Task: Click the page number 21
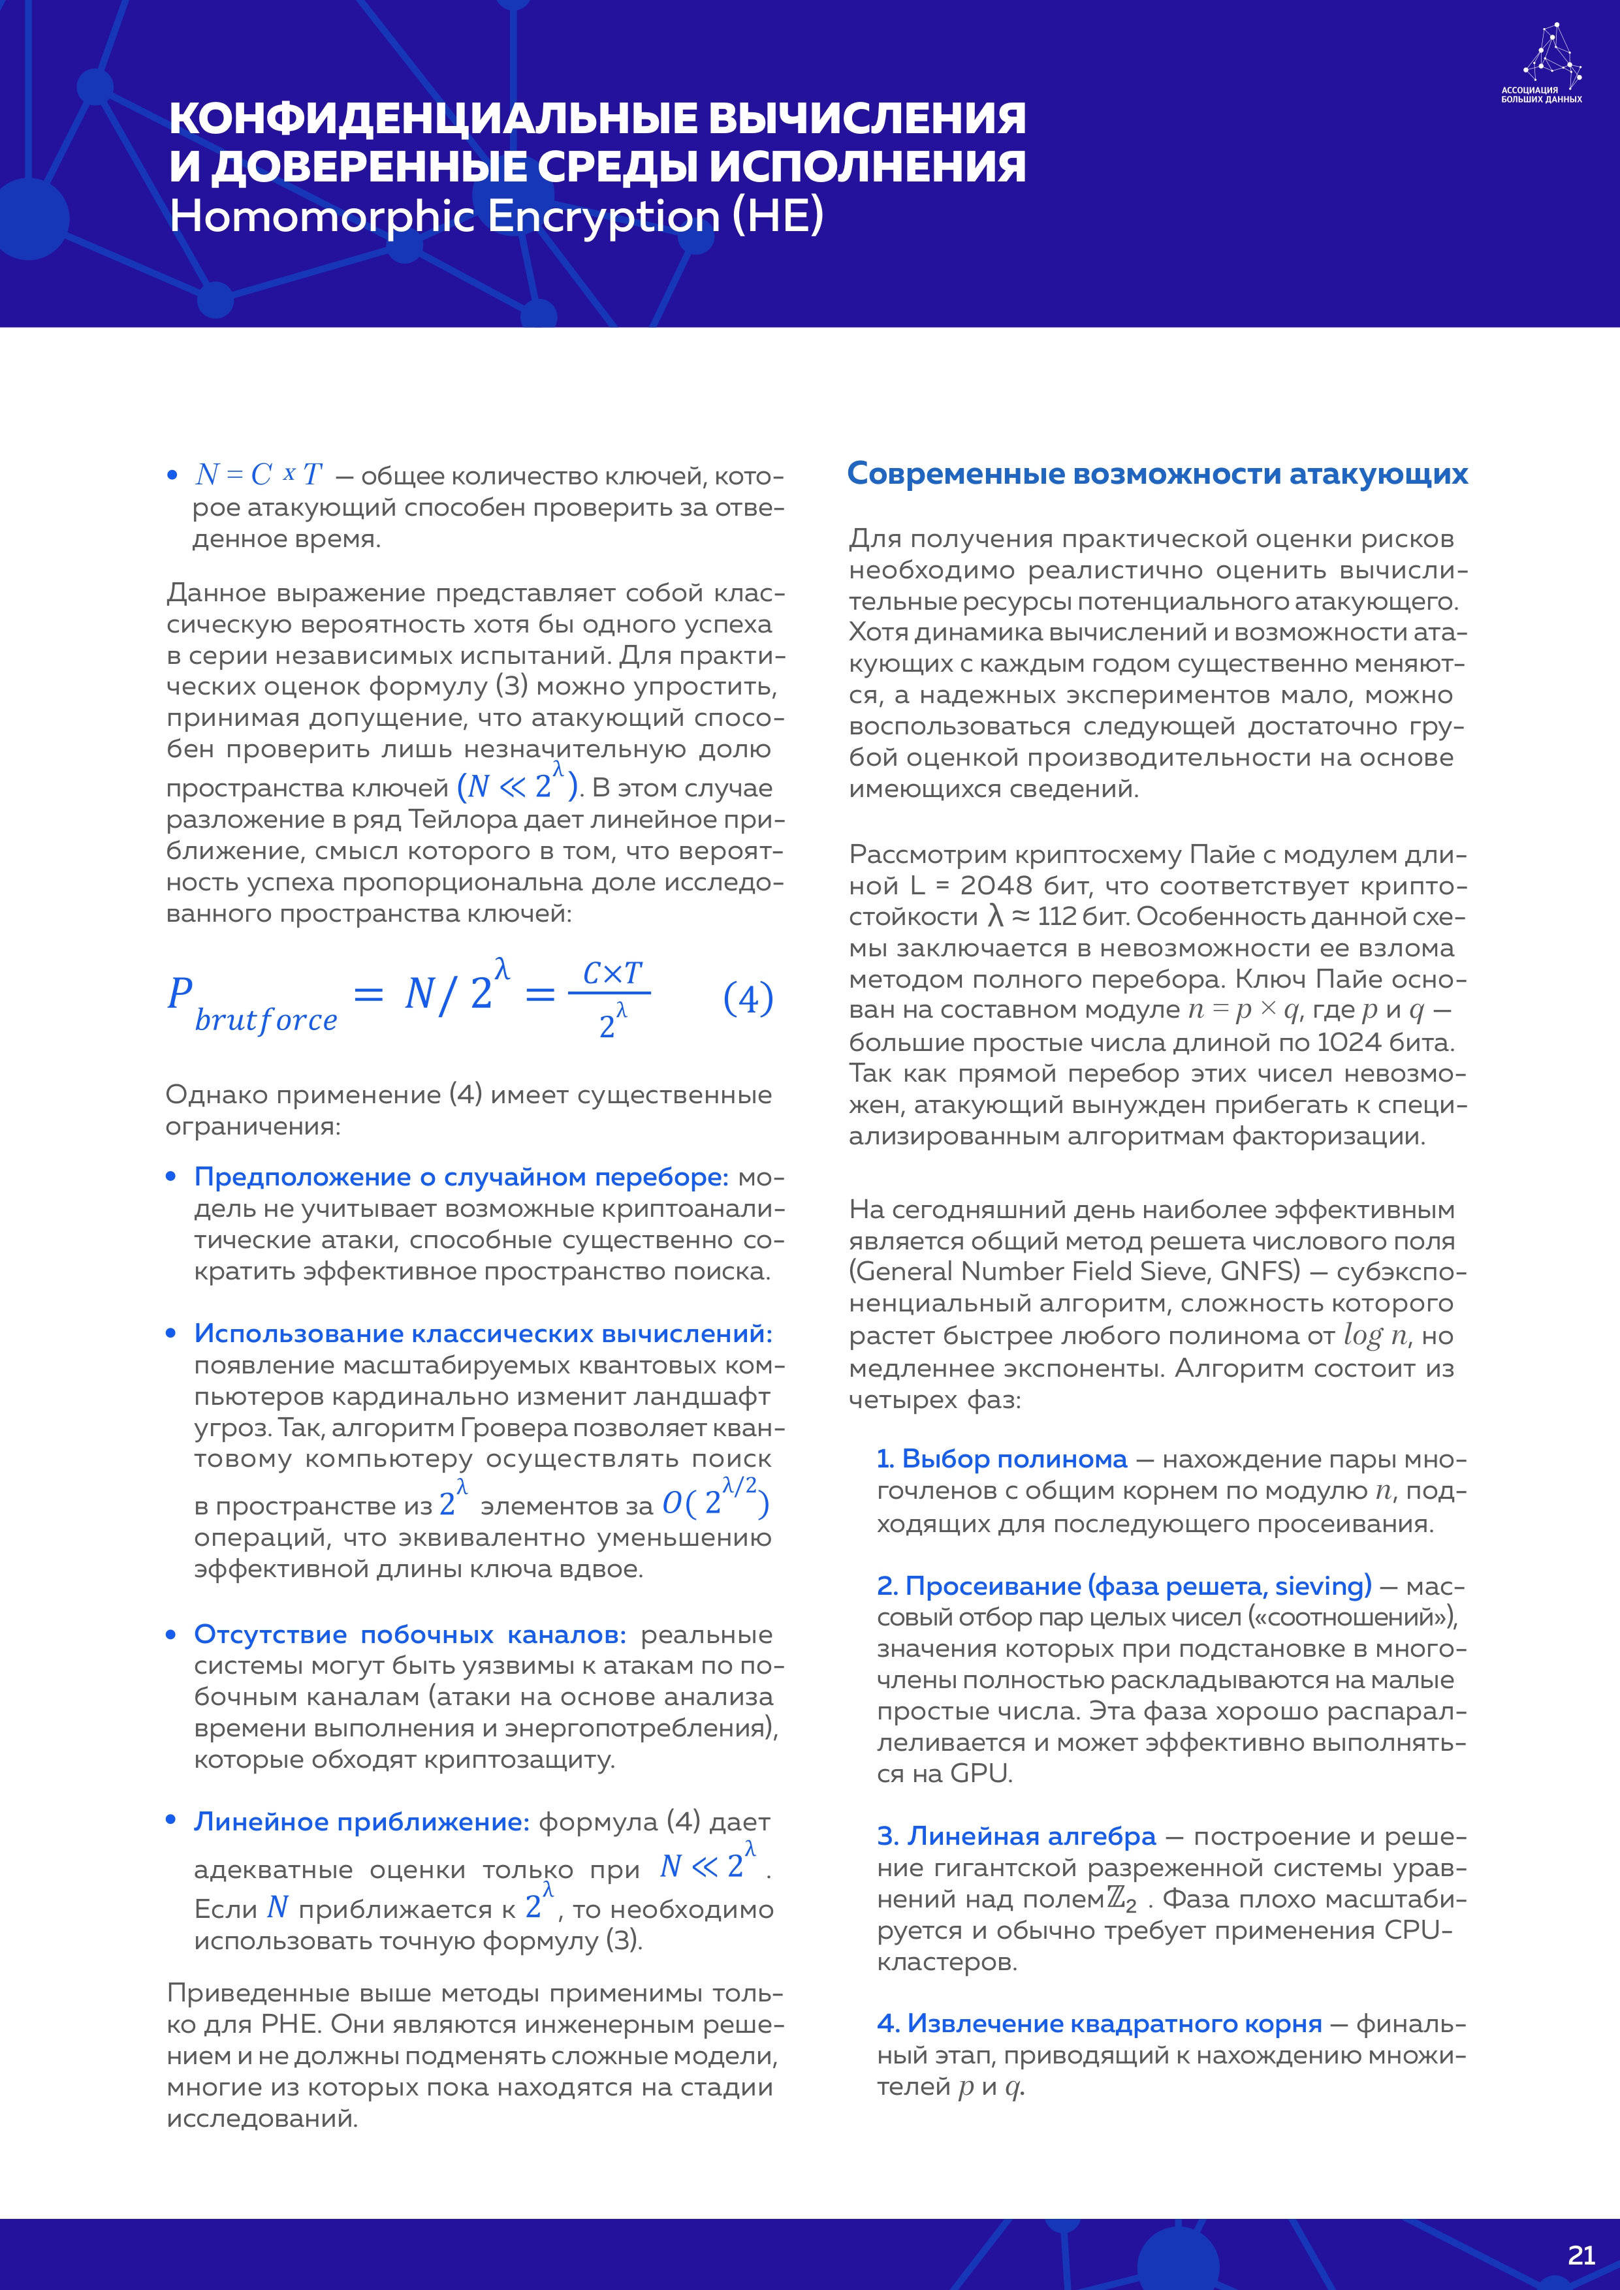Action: coord(1580,2255)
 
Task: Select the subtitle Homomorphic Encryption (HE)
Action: coord(496,217)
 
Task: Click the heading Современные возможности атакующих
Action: coord(1157,474)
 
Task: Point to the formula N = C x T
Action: coord(259,475)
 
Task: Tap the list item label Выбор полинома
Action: coord(1002,1459)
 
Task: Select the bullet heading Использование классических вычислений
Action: coord(483,1334)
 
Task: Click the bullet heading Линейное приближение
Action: coord(361,1822)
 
